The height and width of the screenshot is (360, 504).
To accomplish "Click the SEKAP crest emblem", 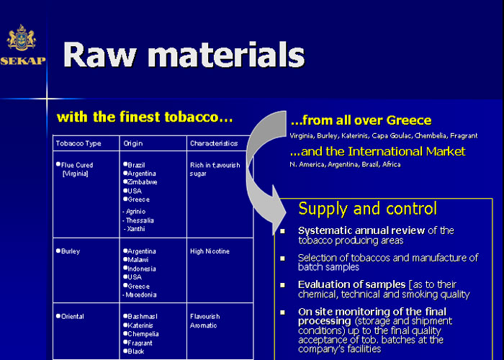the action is [22, 37].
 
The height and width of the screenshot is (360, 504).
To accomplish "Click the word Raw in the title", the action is [99, 55].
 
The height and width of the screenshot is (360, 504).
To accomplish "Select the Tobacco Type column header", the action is [78, 143].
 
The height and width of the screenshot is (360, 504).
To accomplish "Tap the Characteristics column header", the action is [214, 143].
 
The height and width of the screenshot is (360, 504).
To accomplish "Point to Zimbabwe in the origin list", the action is [142, 182].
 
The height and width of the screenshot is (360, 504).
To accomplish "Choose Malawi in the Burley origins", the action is [138, 260].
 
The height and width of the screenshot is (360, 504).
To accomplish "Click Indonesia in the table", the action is [141, 269].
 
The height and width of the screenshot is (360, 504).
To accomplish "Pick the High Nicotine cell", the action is [210, 251].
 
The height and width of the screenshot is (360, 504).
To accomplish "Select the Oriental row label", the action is [72, 316].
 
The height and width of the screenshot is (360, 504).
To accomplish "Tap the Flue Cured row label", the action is [77, 165].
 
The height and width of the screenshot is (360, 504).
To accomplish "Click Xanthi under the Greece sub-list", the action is [136, 229].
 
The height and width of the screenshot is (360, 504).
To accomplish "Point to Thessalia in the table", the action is [140, 220].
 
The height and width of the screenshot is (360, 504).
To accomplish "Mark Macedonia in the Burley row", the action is [141, 294].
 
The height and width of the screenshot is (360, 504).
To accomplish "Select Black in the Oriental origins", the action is [135, 351].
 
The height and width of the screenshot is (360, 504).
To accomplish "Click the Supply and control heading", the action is [367, 209].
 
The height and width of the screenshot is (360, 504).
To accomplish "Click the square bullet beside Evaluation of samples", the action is [282, 285].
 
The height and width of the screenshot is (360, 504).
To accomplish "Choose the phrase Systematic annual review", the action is [361, 230].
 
